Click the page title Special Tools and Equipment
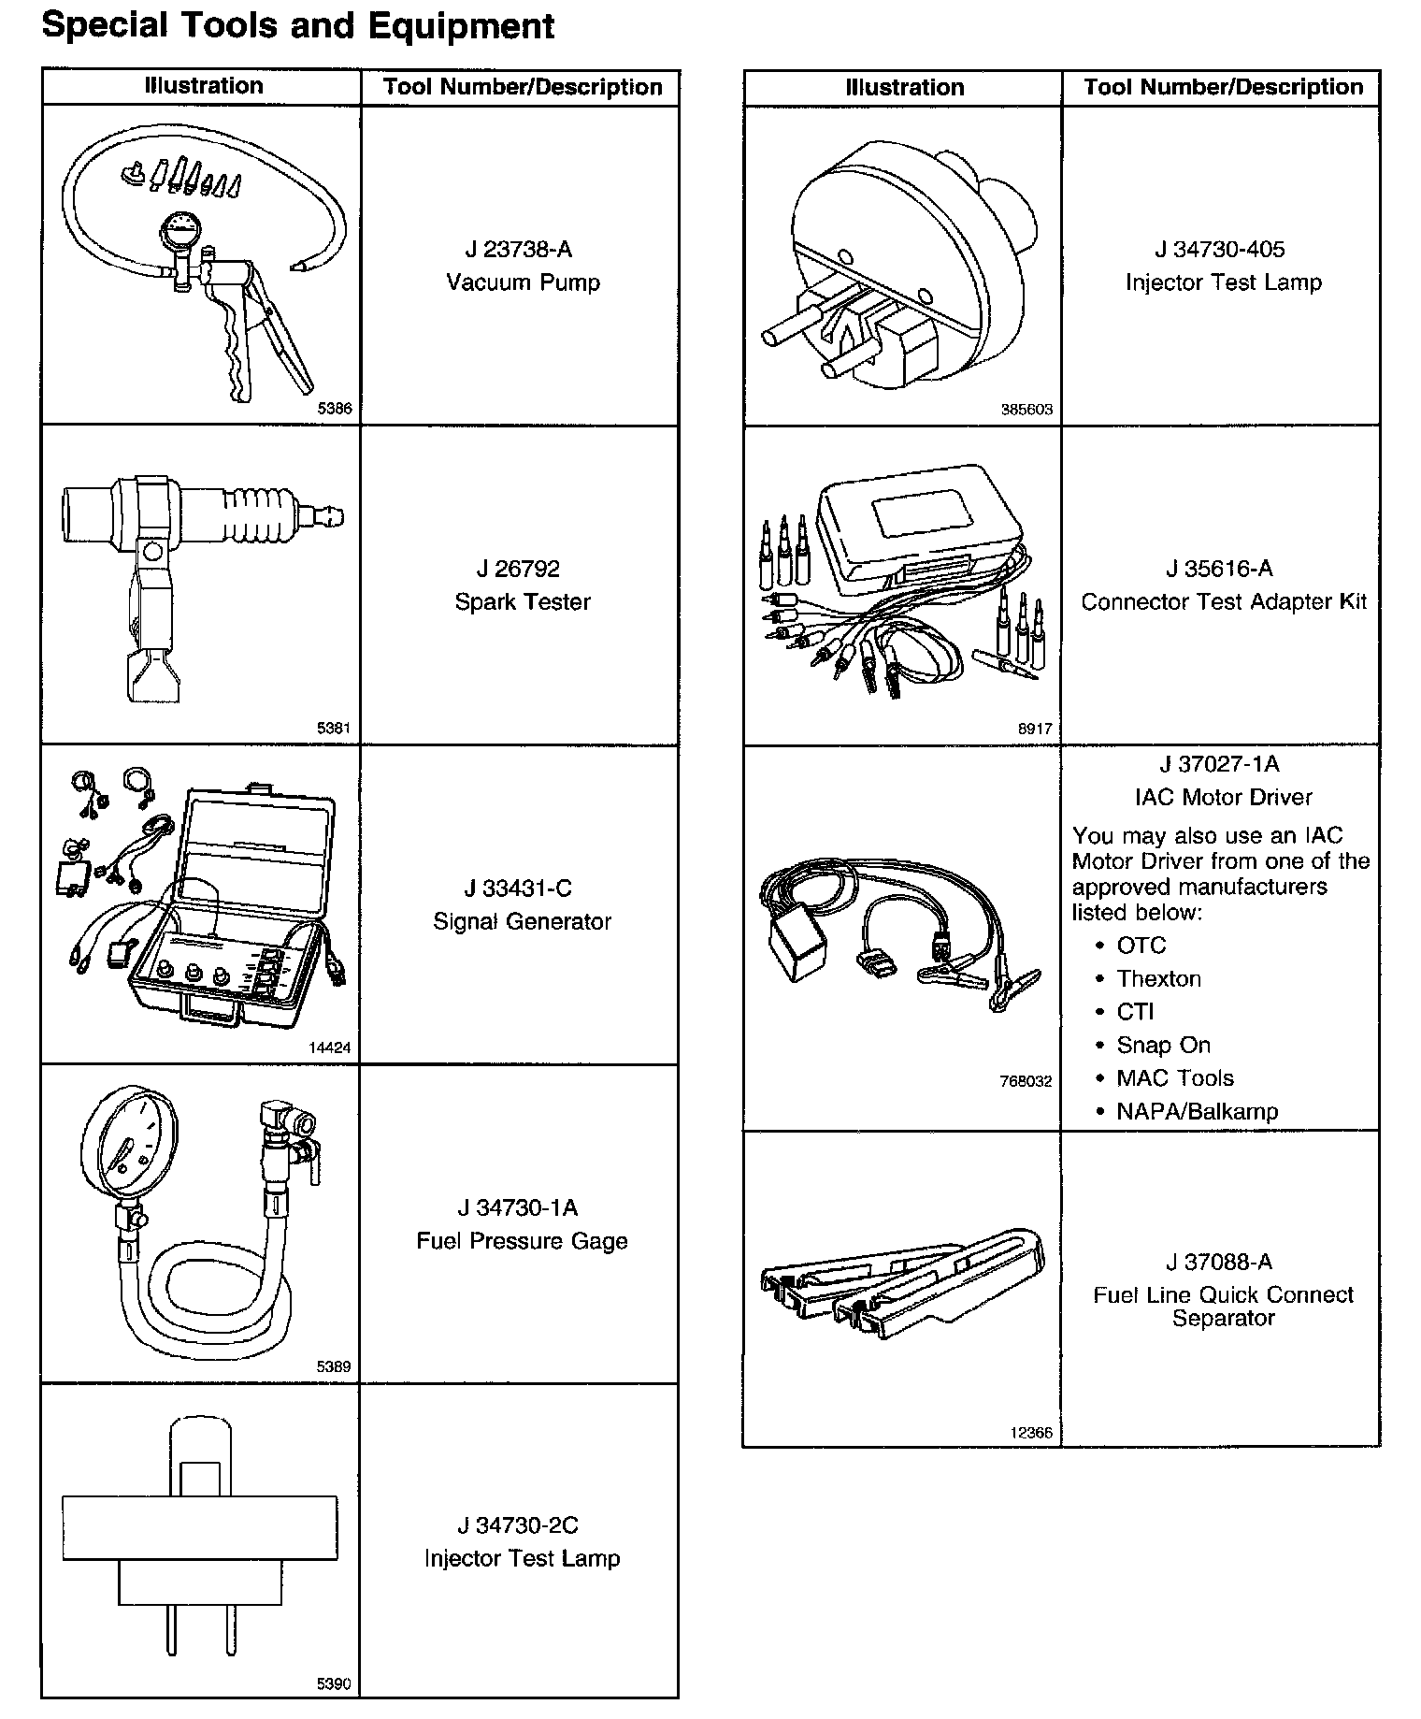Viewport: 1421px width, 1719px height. [x=297, y=25]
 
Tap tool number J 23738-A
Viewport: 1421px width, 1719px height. [x=518, y=250]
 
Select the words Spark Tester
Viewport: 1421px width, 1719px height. [x=523, y=601]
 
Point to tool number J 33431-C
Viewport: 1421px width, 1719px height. [x=518, y=888]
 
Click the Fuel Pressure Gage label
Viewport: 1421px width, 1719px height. [x=522, y=1241]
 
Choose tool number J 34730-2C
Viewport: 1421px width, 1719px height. [x=518, y=1525]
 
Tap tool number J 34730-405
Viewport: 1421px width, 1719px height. [x=1219, y=250]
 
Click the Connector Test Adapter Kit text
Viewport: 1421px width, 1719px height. [x=1223, y=601]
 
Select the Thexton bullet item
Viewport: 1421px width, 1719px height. [x=1158, y=978]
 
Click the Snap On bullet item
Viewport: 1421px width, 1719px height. [x=1163, y=1045]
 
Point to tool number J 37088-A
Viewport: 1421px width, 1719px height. [x=1219, y=1262]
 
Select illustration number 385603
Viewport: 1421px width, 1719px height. [x=1026, y=410]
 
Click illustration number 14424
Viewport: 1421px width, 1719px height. [x=329, y=1048]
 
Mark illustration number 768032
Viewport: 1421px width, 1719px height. [x=1026, y=1081]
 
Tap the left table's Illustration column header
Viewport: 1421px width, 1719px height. [x=203, y=87]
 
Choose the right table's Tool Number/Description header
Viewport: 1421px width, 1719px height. [x=1223, y=88]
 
